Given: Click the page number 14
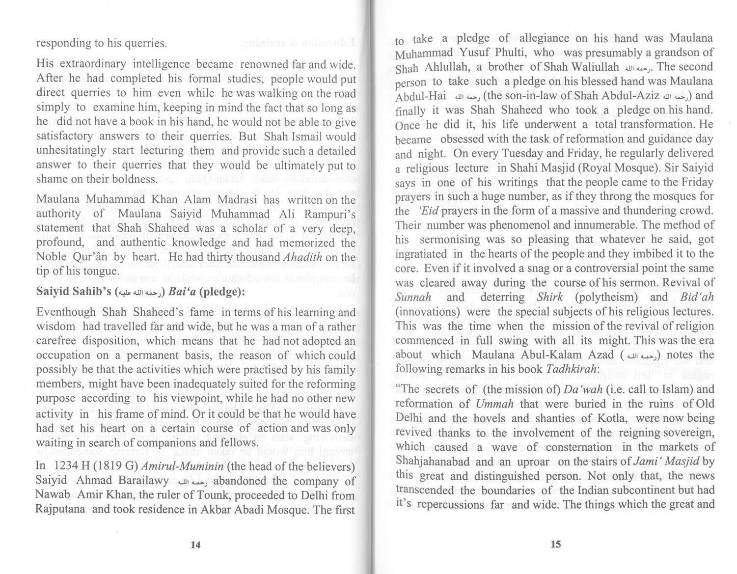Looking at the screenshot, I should (x=195, y=544).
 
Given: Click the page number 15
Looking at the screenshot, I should (x=555, y=544).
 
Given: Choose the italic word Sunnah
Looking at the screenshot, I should (x=413, y=298).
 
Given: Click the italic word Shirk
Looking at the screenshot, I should (x=549, y=298).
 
